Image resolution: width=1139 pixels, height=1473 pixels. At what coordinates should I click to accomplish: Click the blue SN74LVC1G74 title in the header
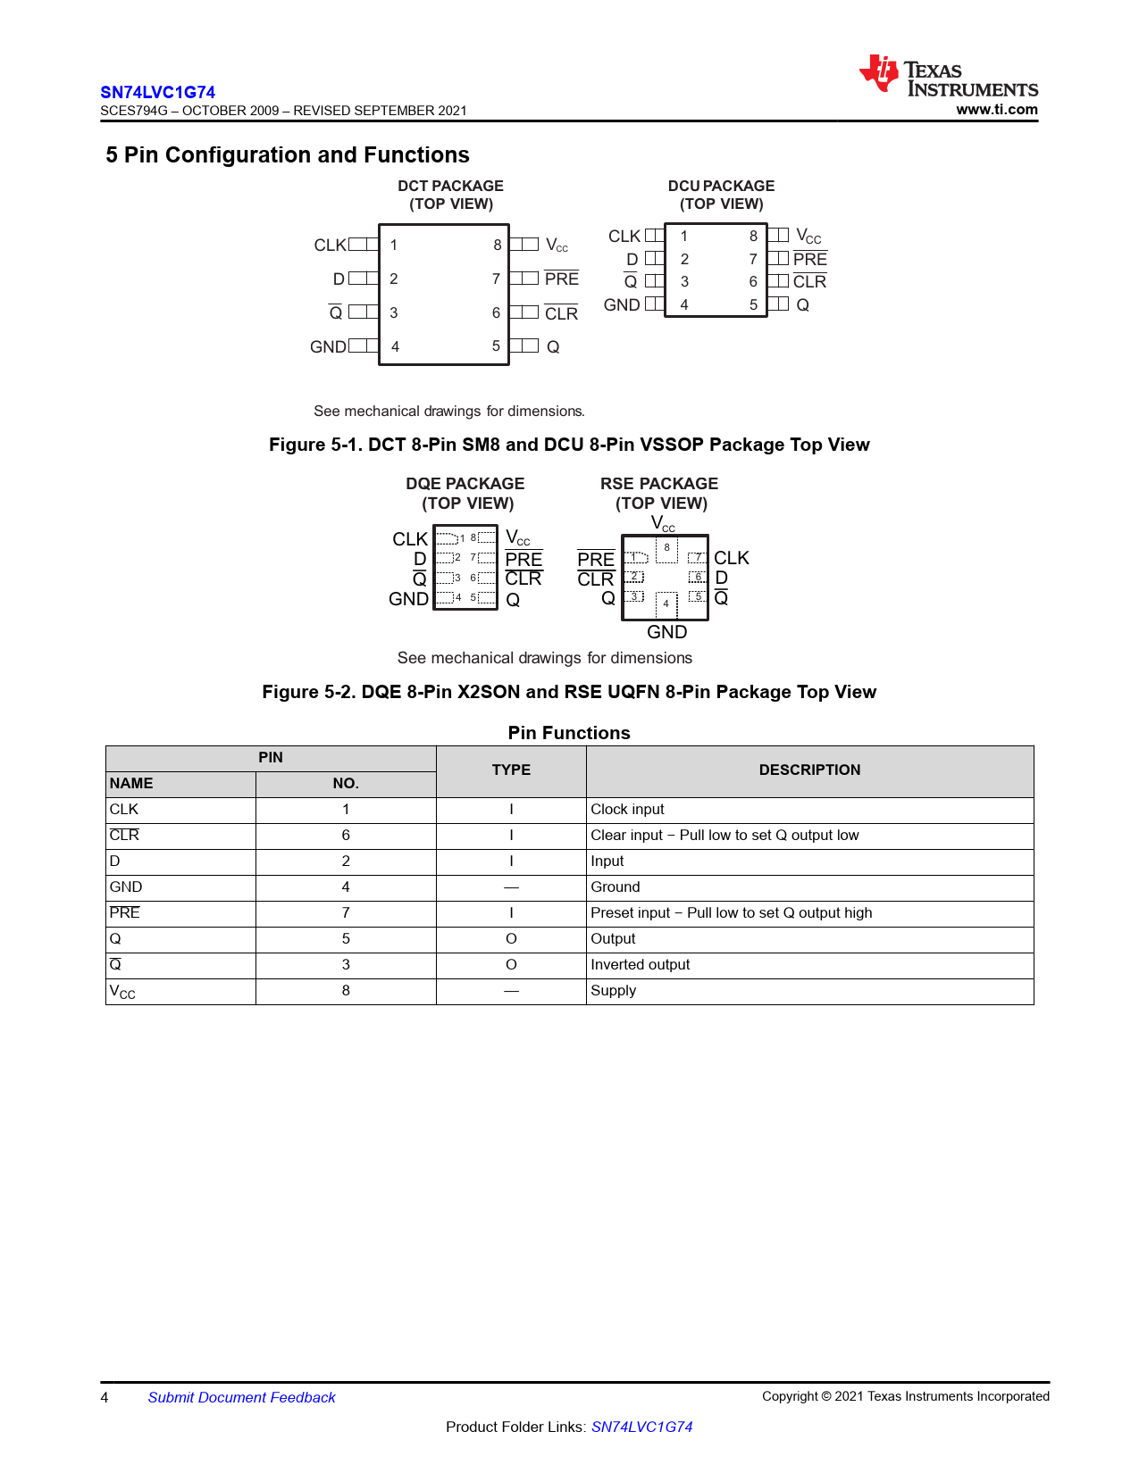[157, 92]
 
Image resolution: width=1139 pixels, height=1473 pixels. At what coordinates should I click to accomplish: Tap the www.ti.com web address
[996, 110]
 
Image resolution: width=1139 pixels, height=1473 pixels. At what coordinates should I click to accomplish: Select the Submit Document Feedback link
[241, 1397]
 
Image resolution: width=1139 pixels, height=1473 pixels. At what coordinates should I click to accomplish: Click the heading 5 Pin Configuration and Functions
[288, 155]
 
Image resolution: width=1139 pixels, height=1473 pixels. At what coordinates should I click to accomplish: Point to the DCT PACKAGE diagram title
[450, 186]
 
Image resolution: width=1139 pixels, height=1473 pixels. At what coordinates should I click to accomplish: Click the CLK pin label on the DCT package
[329, 245]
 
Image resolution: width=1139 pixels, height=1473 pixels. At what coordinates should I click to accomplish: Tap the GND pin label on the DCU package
[621, 304]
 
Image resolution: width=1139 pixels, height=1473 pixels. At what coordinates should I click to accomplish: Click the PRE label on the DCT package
[561, 279]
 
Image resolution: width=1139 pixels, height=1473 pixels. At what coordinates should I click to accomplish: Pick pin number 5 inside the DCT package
[496, 346]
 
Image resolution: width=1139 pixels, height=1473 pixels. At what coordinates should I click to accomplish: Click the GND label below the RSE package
[666, 632]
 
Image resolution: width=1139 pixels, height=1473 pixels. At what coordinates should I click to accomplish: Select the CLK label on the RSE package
[731, 558]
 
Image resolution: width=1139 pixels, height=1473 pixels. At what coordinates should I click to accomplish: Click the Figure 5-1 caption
[569, 445]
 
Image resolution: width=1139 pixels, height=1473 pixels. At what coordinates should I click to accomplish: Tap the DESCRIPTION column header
[809, 770]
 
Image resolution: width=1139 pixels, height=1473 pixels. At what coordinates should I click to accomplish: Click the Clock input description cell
[627, 810]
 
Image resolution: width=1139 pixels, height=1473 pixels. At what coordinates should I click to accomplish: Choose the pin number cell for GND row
[346, 887]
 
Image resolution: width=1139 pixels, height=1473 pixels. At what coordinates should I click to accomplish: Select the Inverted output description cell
[640, 965]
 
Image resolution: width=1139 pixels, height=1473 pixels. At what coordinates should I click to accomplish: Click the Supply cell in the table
[613, 991]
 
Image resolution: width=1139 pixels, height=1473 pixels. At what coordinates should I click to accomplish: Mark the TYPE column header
[511, 770]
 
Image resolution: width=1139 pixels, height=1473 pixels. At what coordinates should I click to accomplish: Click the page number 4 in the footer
[105, 1397]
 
